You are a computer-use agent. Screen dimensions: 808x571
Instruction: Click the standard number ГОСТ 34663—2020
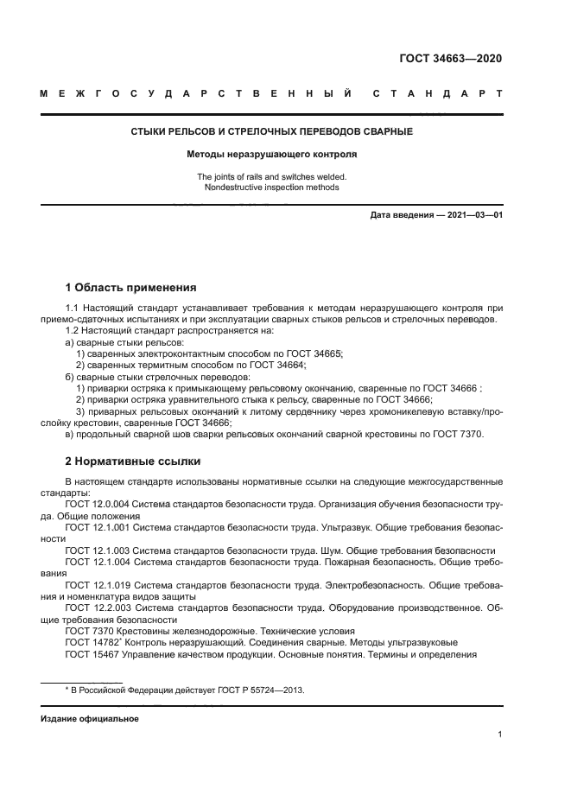point(450,59)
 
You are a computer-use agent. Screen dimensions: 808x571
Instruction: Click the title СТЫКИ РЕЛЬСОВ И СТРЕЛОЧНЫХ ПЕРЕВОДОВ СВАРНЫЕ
point(271,131)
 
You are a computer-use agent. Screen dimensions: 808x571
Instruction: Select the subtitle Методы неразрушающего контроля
point(271,155)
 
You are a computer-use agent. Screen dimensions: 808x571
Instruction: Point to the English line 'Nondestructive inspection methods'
point(271,187)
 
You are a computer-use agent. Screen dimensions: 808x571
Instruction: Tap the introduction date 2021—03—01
point(473,214)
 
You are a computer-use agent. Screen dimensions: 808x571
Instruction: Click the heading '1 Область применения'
point(131,287)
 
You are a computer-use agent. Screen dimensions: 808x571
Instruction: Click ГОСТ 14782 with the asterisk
point(92,642)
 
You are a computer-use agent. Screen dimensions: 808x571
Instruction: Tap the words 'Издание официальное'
point(89,719)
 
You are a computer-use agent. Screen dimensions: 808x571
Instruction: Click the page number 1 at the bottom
point(499,735)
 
